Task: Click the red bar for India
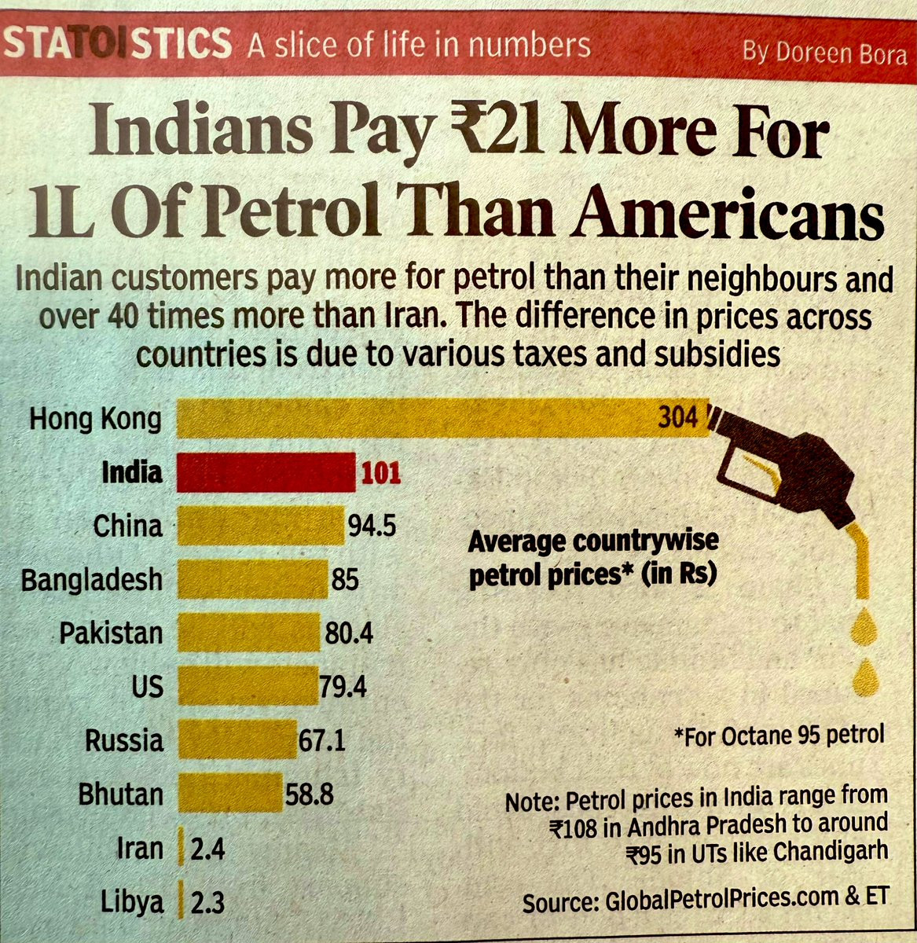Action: tap(266, 473)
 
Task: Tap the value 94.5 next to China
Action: tap(372, 526)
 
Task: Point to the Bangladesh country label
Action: tap(91, 581)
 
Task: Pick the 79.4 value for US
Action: tap(343, 688)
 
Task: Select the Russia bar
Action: tap(237, 740)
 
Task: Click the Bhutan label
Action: tap(120, 794)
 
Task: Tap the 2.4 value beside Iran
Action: tap(207, 849)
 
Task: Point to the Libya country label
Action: tap(132, 902)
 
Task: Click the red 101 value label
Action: tap(380, 473)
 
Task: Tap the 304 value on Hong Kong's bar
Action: tap(677, 416)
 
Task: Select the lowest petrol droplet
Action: tap(866, 677)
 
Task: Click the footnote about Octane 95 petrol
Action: tap(779, 736)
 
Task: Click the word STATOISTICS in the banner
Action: tap(118, 44)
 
